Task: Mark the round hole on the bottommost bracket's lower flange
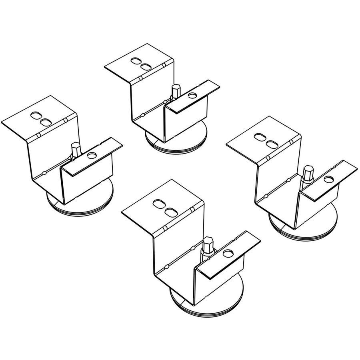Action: click(228, 254)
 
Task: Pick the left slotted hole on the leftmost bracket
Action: click(36, 116)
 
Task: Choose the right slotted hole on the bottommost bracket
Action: click(171, 210)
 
